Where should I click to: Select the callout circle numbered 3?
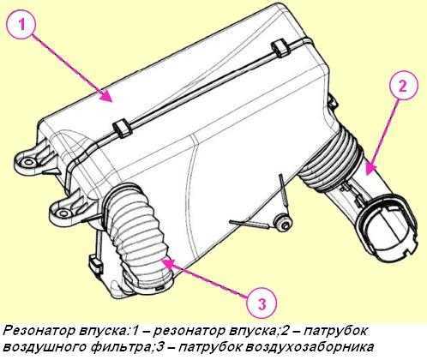click(262, 302)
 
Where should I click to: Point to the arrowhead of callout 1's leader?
click(111, 100)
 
